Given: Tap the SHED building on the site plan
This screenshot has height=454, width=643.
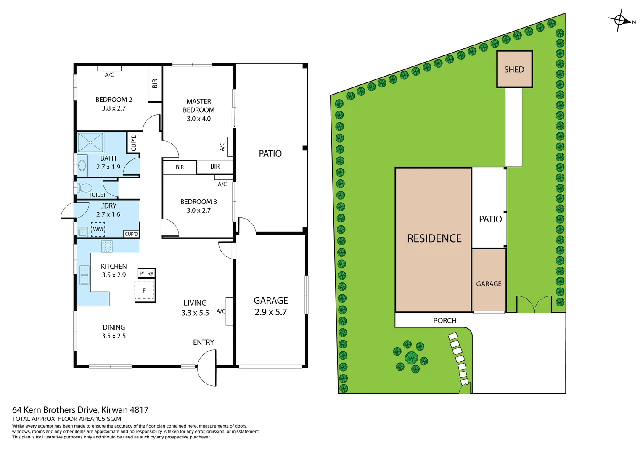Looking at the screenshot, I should pos(514,69).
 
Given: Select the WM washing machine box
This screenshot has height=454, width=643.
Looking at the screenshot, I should pos(98,229).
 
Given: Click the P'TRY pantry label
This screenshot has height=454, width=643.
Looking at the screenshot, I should pos(146,274).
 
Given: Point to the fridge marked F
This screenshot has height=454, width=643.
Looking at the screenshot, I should pos(144,290).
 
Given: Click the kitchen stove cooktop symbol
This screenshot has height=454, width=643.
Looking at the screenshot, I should pos(107,246).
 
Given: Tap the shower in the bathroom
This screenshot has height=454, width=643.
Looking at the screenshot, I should pos(90,143).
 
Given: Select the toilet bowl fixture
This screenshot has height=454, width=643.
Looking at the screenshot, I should pos(85,187).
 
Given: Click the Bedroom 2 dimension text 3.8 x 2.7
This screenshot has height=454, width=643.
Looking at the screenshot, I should pos(114,108).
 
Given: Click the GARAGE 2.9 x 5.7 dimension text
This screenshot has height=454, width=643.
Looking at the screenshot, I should pos(270,312).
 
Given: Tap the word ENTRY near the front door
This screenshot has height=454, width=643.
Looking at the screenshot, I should pos(204,343).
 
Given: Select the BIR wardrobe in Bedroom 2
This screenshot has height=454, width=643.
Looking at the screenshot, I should pos(155,83).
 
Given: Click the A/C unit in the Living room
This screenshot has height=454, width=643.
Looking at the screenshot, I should pos(229,311).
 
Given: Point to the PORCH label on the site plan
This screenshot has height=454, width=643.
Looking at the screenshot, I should pos(445,321).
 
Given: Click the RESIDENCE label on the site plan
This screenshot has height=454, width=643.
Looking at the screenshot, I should pos(434,239).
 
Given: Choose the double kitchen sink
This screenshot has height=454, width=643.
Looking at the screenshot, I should pos(85,275).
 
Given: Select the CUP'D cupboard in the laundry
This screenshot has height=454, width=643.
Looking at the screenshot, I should pos(131,234).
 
